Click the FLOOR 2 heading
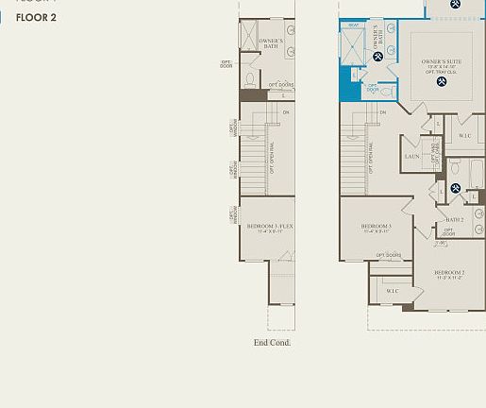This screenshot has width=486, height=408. pos(36,17)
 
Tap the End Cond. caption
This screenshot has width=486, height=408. pos(272,342)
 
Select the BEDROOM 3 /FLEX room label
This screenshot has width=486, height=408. pos(271,227)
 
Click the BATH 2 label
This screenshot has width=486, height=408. pos(455,220)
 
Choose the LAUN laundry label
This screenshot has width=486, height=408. pos(411,157)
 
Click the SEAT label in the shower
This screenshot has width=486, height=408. pos(353,25)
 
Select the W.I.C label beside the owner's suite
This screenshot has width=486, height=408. pos(464,136)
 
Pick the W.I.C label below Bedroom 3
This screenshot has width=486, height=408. pos(392,291)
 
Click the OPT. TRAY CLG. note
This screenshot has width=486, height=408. pos(440,73)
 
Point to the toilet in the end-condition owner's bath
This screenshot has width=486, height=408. pos(252,79)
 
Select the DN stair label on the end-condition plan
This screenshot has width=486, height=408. pos(286,113)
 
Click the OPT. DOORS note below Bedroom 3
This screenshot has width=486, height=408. pos(388,255)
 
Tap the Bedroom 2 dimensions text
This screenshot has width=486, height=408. pos(449,279)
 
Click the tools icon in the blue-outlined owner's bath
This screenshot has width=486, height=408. pos(377,57)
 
